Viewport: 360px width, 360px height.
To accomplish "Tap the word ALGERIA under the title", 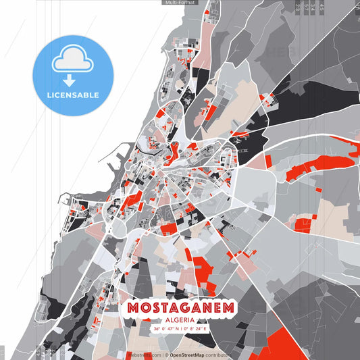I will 180,319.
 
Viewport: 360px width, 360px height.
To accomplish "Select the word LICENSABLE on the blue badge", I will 73,95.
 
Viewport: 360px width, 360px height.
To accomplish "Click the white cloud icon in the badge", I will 73,59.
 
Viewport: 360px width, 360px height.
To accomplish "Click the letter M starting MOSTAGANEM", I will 132,307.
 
